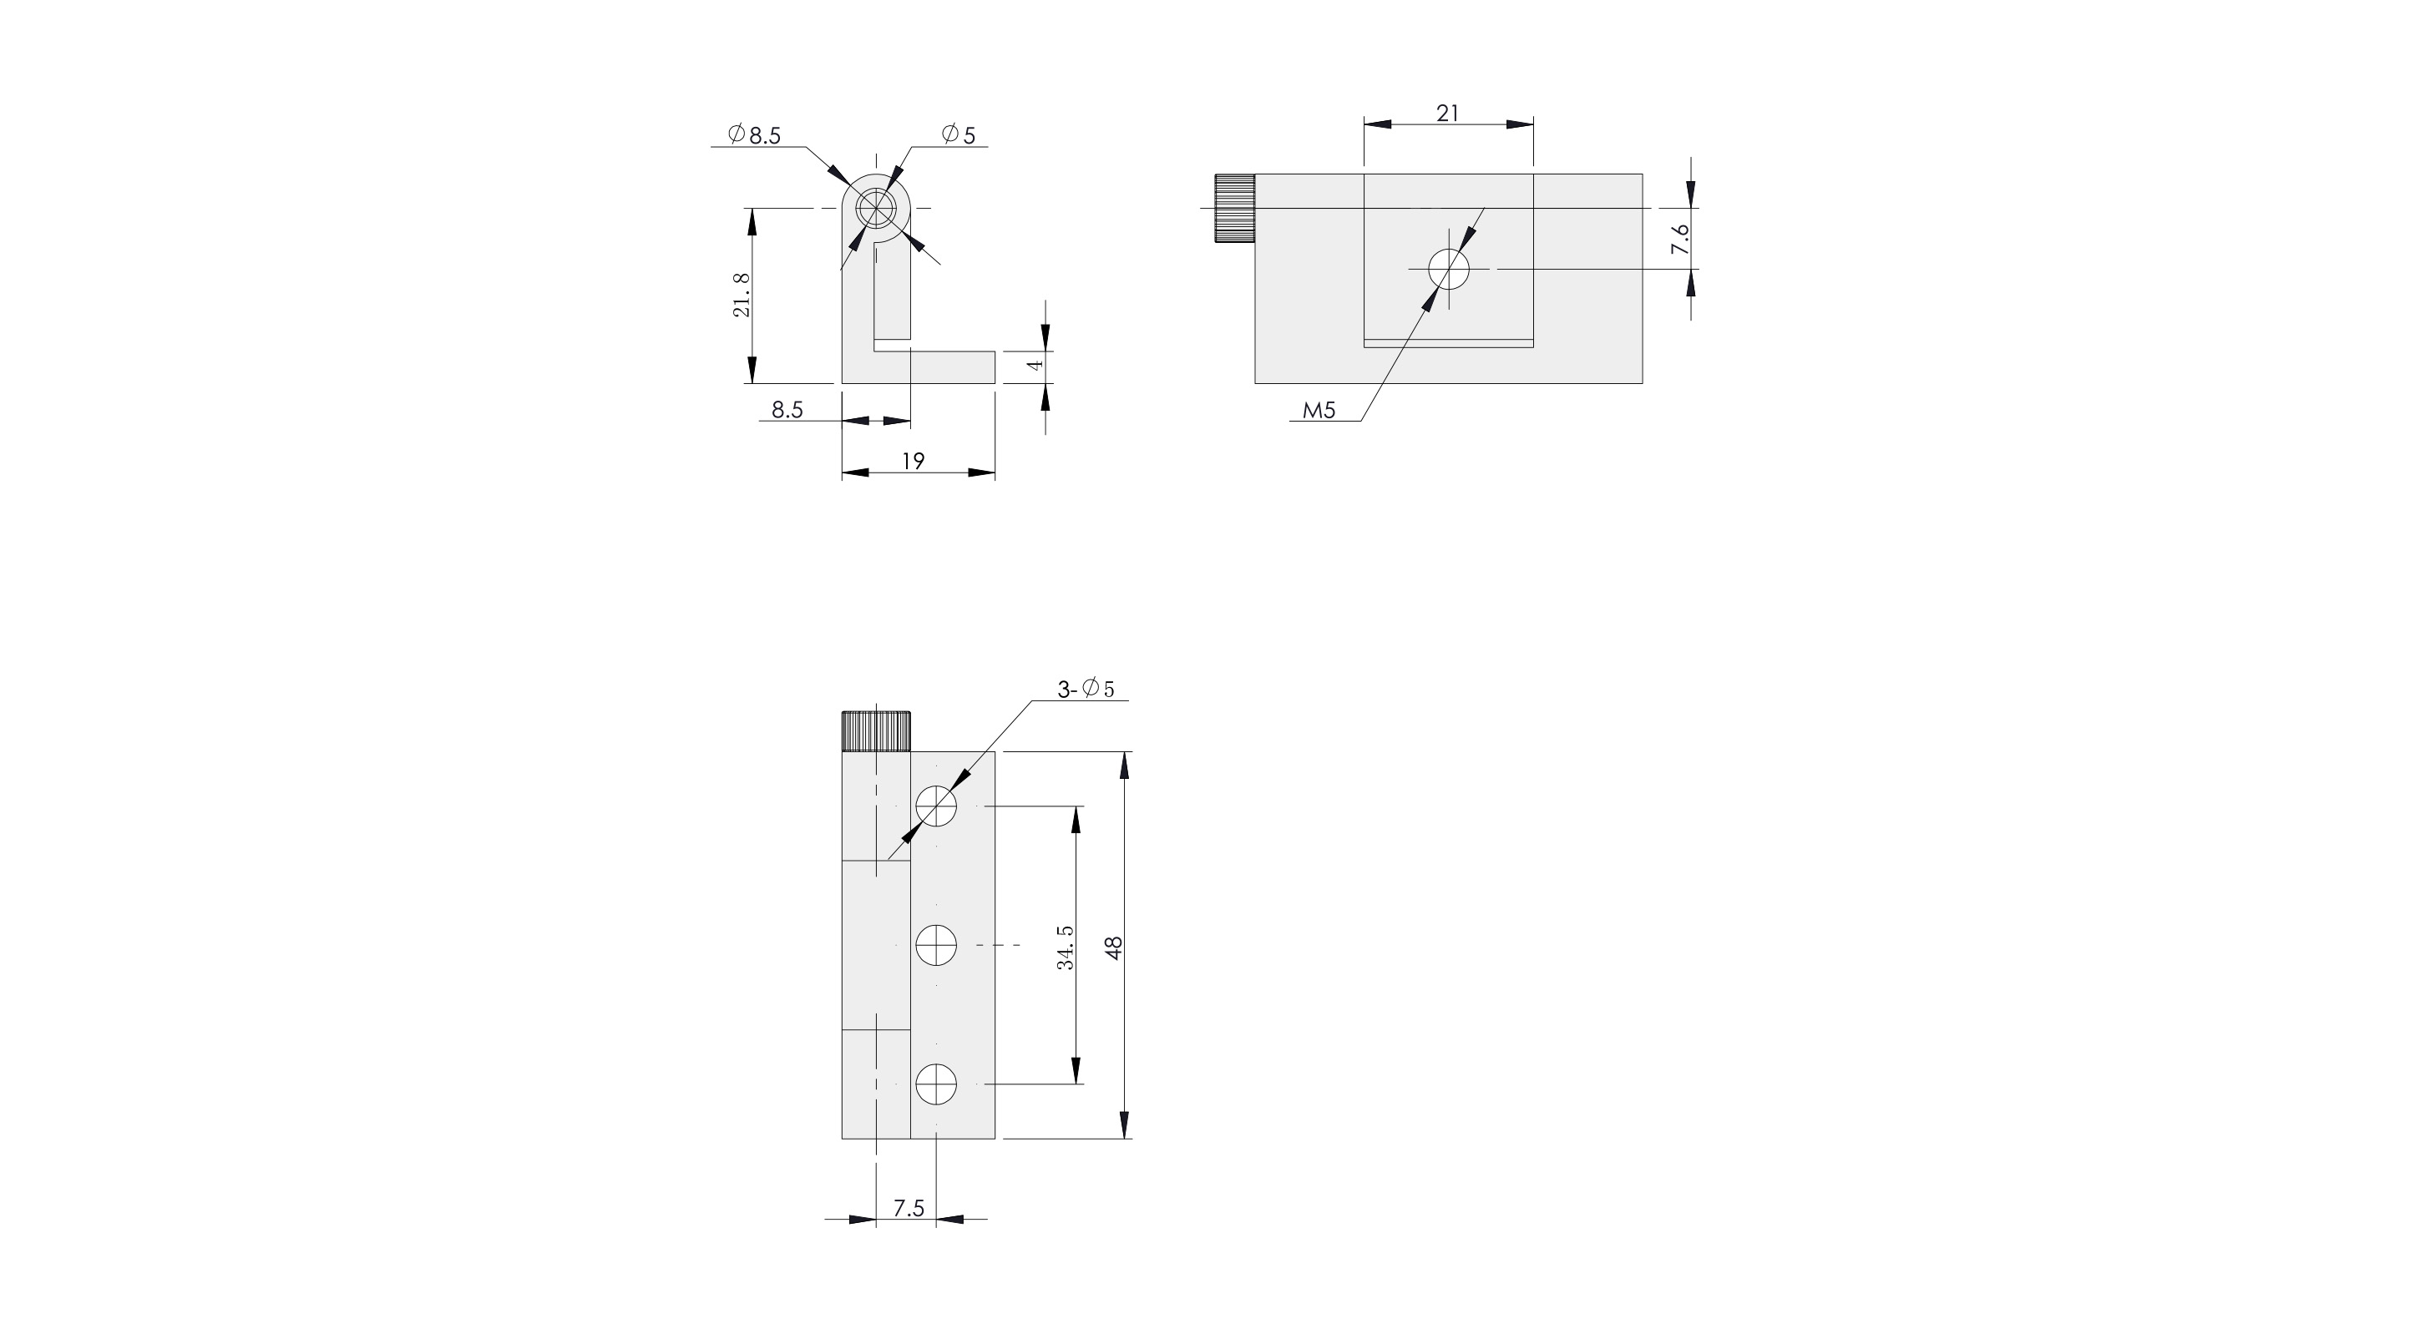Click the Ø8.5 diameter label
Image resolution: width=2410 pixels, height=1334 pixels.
pos(755,135)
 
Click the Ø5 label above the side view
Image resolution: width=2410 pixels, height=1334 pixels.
pos(959,135)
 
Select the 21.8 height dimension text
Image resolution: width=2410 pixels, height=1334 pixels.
pos(741,295)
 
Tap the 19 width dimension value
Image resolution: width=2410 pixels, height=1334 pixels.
pos(913,461)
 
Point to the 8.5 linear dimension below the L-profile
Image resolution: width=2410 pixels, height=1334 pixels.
pos(787,410)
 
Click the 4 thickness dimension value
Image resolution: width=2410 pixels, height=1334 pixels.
pos(1035,365)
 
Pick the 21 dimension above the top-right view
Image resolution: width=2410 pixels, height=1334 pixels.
pos(1447,114)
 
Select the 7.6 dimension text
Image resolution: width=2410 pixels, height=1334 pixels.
pos(1680,239)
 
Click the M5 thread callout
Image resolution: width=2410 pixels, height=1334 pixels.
pos(1319,410)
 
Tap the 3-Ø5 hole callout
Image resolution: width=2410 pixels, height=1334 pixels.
pos(1086,690)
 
